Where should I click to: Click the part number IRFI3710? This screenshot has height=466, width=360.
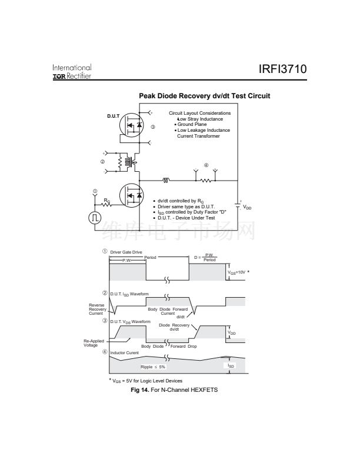282,70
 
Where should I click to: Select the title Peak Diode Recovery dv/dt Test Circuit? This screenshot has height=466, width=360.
204,96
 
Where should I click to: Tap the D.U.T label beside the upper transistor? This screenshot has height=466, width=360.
114,116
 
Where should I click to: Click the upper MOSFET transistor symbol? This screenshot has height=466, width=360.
132,125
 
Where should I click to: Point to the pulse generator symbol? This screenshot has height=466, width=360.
95,218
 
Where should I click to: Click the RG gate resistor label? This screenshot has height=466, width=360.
106,201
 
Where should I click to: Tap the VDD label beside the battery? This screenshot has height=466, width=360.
248,208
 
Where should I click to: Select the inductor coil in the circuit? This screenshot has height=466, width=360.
166,181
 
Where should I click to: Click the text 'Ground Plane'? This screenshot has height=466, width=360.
192,125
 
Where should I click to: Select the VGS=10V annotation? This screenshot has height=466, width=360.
240,272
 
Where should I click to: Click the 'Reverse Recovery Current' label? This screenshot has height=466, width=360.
96,309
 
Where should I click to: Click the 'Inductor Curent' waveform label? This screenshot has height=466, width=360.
125,353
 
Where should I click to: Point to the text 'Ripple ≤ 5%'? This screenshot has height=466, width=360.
153,367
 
